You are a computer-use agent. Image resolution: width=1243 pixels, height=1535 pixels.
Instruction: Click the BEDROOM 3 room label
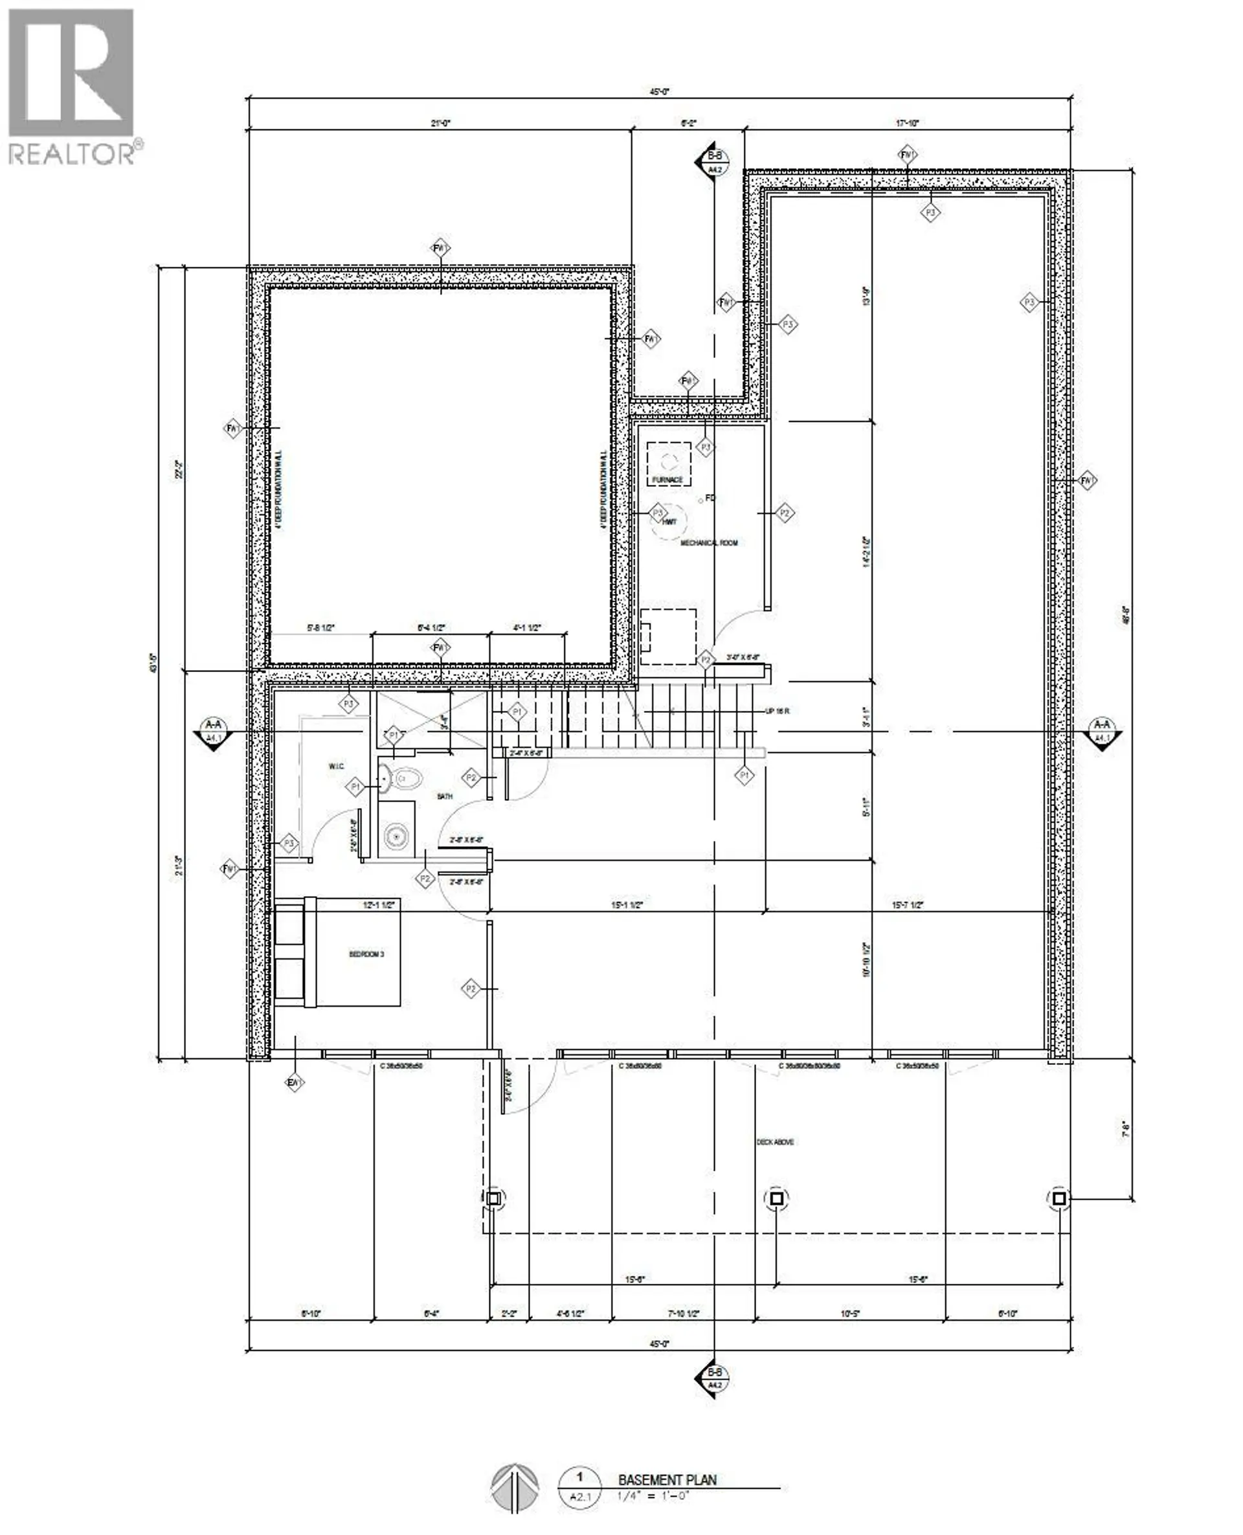pyautogui.click(x=366, y=954)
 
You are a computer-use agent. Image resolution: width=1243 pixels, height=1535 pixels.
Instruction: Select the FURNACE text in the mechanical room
pyautogui.click(x=667, y=480)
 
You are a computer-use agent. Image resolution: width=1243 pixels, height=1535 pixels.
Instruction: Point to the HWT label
pyautogui.click(x=669, y=522)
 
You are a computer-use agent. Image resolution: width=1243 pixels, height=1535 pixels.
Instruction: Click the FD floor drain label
pyautogui.click(x=710, y=498)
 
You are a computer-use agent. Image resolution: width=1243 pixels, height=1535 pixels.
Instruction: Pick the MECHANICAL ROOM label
pyautogui.click(x=708, y=543)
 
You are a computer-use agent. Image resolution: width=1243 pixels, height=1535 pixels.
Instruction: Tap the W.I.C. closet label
pyautogui.click(x=337, y=767)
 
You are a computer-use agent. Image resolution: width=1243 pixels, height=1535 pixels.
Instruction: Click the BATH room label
pyautogui.click(x=445, y=796)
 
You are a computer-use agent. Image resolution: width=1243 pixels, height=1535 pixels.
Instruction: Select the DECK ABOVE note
pyautogui.click(x=775, y=1142)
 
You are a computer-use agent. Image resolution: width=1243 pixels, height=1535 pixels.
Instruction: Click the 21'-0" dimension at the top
pyautogui.click(x=440, y=123)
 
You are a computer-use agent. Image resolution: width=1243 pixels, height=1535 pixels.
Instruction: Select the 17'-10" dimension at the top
pyautogui.click(x=907, y=123)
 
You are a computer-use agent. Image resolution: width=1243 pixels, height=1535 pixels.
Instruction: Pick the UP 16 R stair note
pyautogui.click(x=777, y=711)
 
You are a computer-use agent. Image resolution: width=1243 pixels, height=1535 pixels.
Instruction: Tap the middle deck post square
pyautogui.click(x=777, y=1198)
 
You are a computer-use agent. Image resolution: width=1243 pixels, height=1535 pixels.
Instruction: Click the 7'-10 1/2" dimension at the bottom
pyautogui.click(x=683, y=1314)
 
